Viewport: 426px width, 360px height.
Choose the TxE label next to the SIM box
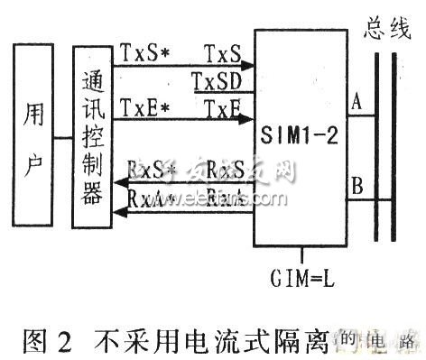[x=223, y=109]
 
